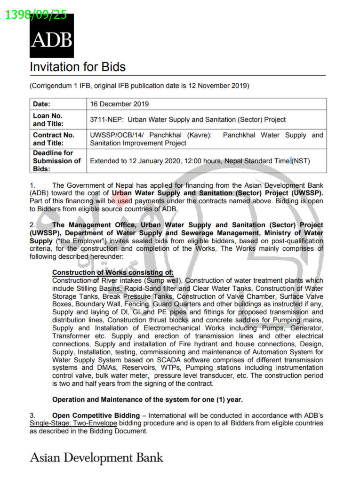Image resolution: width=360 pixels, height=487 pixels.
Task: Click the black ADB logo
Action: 52,36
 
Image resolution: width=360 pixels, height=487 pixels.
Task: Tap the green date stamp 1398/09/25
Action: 36,15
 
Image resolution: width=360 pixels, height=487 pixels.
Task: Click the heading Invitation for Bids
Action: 78,67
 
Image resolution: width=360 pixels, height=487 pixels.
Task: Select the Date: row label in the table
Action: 42,104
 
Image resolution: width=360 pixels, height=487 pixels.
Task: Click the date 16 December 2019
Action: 120,104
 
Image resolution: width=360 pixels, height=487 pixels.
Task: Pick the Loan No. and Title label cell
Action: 48,120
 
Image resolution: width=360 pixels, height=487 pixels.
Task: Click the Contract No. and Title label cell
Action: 54,139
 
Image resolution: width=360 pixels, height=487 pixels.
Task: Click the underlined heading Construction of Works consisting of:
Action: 113,272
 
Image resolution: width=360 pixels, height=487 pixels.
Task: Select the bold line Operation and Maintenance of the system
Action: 147,399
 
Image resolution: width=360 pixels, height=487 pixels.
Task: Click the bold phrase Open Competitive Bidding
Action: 96,415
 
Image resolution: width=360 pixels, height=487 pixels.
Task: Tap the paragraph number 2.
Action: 32,225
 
